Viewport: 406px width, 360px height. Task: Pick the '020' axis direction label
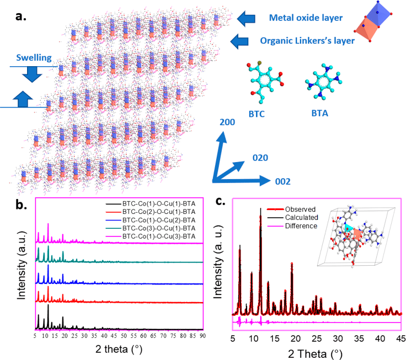coord(260,157)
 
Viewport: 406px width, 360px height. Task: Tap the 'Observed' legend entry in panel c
coord(301,209)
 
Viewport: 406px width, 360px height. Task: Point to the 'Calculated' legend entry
coord(303,218)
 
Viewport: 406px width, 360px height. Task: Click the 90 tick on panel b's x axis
coord(202,335)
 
